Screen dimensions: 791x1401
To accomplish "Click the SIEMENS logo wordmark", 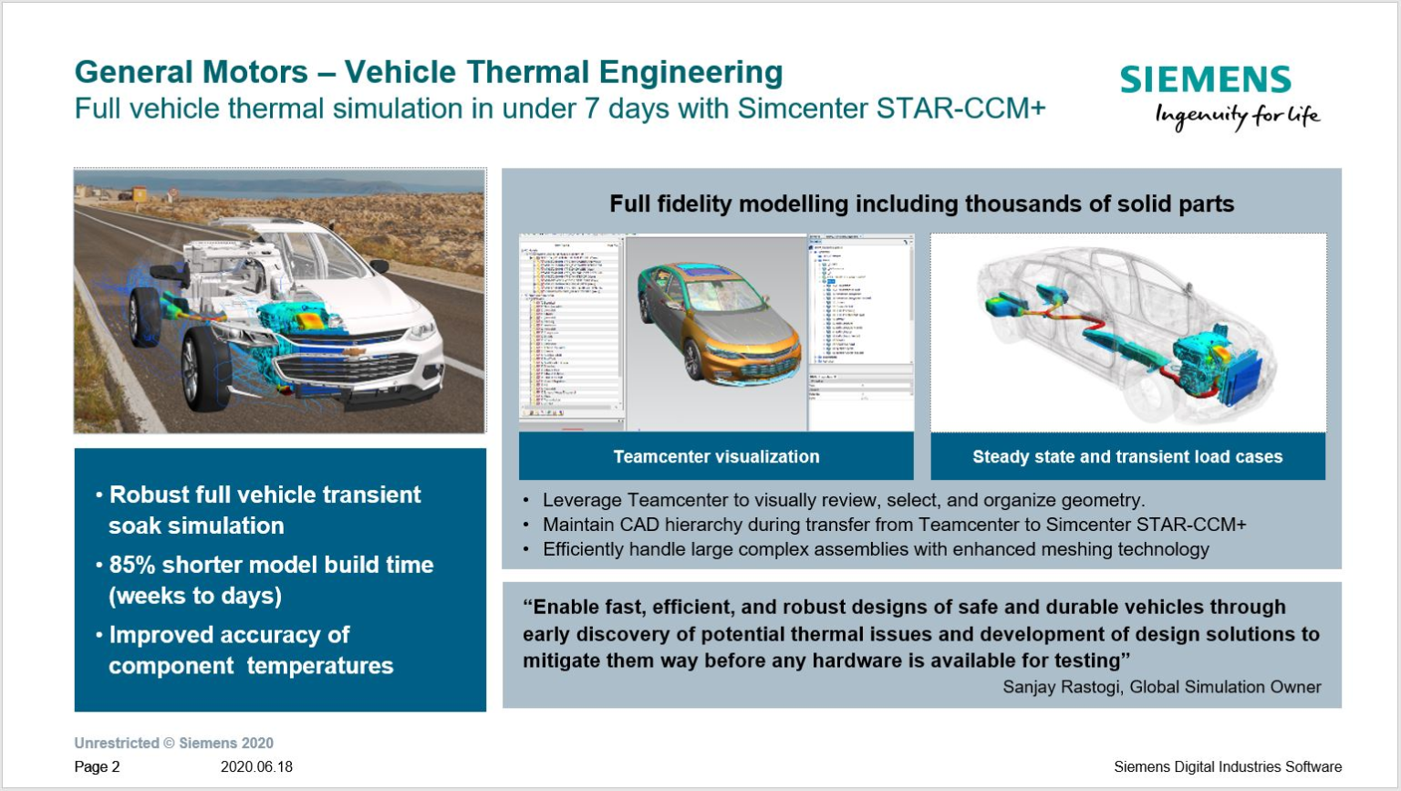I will [x=1205, y=80].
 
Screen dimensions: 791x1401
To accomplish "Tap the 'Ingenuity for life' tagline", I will [x=1236, y=116].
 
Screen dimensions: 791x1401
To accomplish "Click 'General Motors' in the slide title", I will [x=191, y=72].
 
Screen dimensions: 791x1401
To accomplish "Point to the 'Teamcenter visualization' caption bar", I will [x=716, y=456].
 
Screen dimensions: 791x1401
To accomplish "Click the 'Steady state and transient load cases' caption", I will [x=1127, y=456].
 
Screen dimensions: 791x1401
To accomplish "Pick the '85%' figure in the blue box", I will [x=132, y=565].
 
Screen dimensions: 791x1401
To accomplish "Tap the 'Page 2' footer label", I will [x=97, y=766].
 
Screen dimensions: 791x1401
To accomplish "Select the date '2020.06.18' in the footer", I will [x=256, y=766].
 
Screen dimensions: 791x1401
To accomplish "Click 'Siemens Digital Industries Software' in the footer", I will [x=1227, y=766].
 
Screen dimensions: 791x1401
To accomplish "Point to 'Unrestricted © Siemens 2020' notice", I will [x=173, y=743].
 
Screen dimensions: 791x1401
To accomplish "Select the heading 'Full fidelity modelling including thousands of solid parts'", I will [x=921, y=203].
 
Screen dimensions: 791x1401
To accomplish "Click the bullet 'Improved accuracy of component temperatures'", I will [x=250, y=650].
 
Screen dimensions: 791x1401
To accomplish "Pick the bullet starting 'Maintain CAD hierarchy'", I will [x=894, y=525].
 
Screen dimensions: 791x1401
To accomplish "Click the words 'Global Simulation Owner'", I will [x=1225, y=687].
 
